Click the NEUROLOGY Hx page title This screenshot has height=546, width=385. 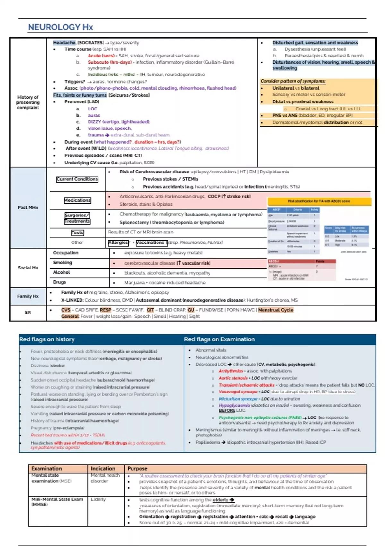pyautogui.click(x=60, y=27)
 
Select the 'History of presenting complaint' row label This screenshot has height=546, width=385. pyautogui.click(x=28, y=102)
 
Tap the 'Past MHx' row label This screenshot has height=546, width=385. pyautogui.click(x=28, y=207)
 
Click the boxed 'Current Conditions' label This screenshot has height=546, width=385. pyautogui.click(x=77, y=179)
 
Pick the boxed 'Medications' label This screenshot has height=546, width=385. pyautogui.click(x=77, y=200)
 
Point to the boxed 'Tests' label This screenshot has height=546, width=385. pyautogui.click(x=77, y=233)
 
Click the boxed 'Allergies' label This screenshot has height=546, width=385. pyautogui.click(x=118, y=243)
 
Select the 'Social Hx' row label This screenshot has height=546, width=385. pyautogui.click(x=28, y=268)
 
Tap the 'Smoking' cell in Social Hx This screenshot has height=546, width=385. pyautogui.click(x=63, y=263)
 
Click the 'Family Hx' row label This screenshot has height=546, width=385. pyautogui.click(x=28, y=296)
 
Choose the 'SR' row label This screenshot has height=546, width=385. pyautogui.click(x=28, y=312)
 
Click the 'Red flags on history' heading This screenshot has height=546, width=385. pyautogui.click(x=47, y=339)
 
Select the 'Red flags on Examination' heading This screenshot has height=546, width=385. pyautogui.click(x=219, y=339)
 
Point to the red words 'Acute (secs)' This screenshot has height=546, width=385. pyautogui.click(x=101, y=56)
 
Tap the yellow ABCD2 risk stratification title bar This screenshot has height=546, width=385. pyautogui.click(x=319, y=201)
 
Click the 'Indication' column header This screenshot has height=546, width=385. pyautogui.click(x=103, y=469)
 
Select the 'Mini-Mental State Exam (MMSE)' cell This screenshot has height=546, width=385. pyautogui.click(x=57, y=502)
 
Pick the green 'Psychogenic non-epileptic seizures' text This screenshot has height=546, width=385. pyautogui.click(x=260, y=418)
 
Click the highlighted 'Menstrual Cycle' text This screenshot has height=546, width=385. pyautogui.click(x=276, y=310)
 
